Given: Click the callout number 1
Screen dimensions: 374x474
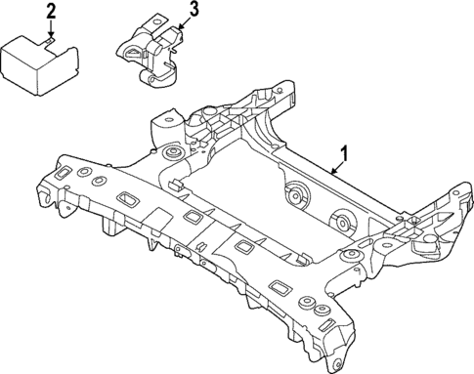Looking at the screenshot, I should coord(343,152).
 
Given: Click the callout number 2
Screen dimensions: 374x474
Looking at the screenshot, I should coord(51,13).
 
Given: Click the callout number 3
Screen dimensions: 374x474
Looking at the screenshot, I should coord(194,11).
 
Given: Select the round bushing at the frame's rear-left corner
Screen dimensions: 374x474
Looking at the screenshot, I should coord(172,155).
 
